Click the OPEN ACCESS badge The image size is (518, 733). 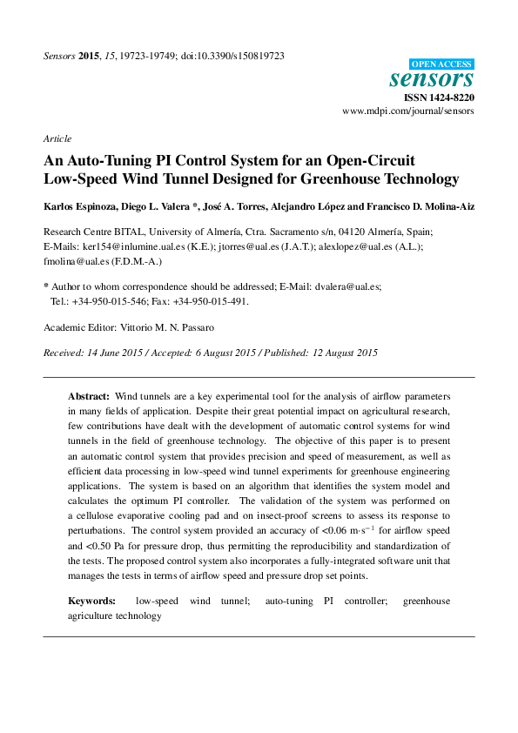click(441, 64)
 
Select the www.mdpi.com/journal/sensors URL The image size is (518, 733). click(407, 112)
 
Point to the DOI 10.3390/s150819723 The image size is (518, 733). click(232, 56)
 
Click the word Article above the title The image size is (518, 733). click(57, 138)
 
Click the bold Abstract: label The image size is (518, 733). click(89, 395)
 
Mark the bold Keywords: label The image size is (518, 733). click(92, 601)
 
